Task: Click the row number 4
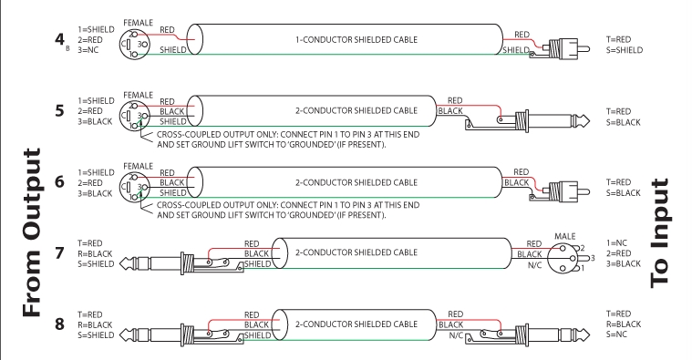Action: point(59,39)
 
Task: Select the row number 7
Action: point(59,252)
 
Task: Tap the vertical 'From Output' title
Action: point(32,232)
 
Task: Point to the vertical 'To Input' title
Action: point(660,232)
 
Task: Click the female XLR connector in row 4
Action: point(135,44)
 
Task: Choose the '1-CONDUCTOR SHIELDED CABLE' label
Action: point(356,40)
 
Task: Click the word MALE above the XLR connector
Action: point(565,236)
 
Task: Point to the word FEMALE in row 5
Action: point(139,95)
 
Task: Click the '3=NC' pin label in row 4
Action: point(88,50)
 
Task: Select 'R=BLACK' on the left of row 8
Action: point(95,324)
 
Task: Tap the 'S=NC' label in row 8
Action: point(617,334)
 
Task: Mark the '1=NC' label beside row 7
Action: point(617,243)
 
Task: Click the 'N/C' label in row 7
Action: point(534,265)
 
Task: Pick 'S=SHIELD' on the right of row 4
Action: point(625,50)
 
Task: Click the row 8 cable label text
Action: point(356,324)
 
